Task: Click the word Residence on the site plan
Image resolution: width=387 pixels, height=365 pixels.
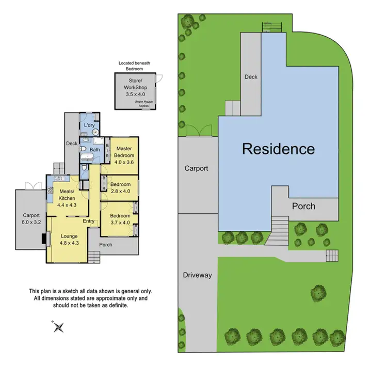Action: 278,149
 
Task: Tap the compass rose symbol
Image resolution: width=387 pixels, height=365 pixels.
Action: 58,326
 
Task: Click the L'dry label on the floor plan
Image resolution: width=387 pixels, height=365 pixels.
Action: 89,125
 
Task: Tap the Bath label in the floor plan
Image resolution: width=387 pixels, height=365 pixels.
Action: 95,150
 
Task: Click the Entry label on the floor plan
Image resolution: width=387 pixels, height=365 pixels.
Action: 89,221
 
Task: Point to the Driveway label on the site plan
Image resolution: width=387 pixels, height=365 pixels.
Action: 197,275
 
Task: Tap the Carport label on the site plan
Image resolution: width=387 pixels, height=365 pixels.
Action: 196,168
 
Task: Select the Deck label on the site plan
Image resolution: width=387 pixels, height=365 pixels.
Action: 251,77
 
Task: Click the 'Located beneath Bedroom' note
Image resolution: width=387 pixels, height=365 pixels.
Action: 131,66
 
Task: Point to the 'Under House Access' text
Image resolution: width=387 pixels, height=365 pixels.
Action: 145,103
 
